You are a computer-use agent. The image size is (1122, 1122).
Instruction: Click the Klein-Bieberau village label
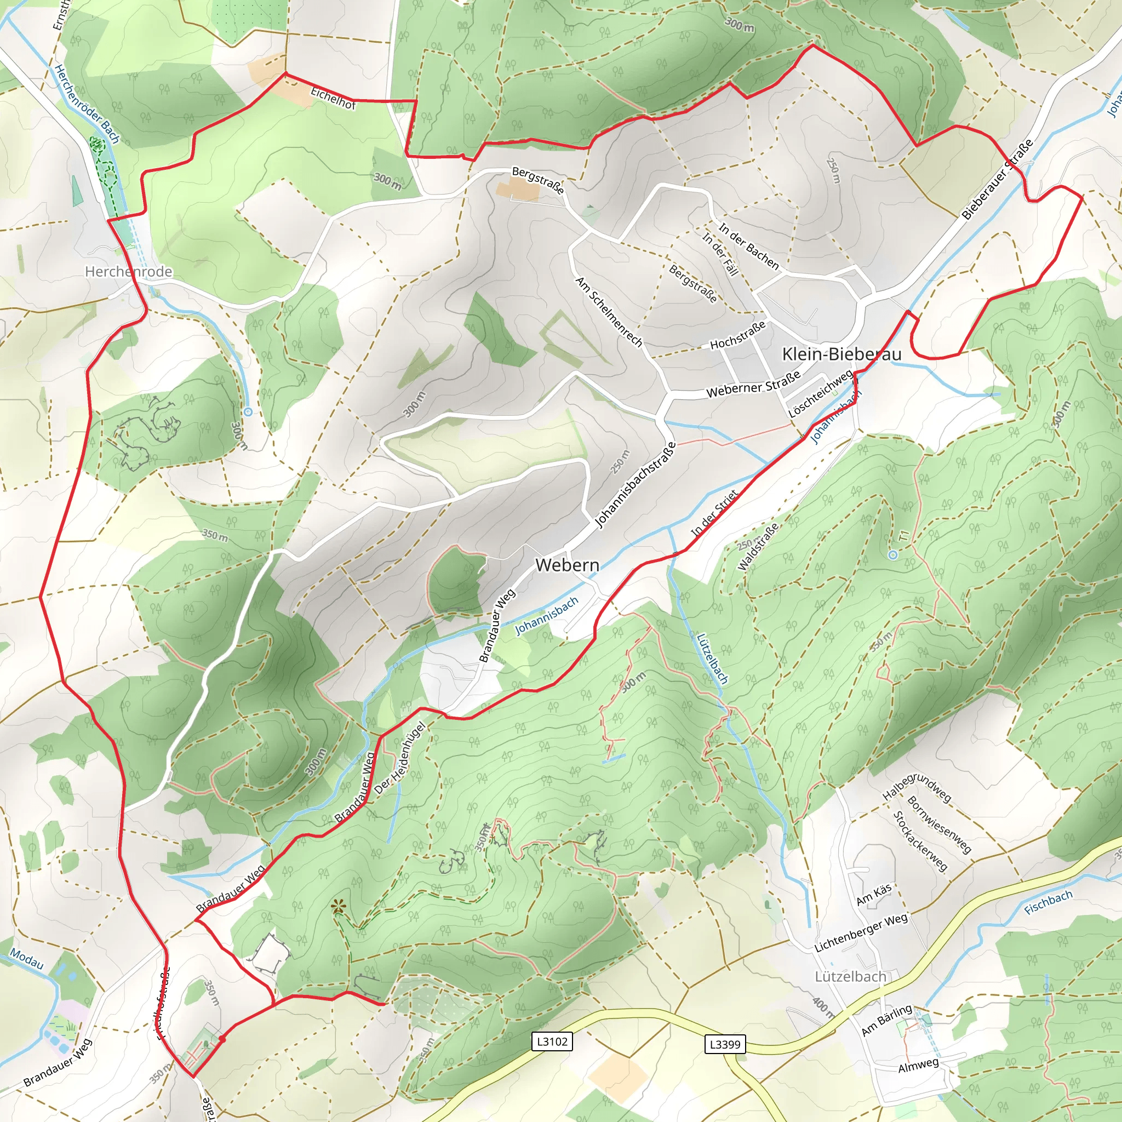tap(841, 354)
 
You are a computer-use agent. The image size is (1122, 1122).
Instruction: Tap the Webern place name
tap(567, 564)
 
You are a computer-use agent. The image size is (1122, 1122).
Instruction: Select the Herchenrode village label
tap(128, 271)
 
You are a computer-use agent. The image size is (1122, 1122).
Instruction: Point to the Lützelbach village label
tap(850, 976)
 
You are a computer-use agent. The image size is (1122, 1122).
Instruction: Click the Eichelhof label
tap(333, 98)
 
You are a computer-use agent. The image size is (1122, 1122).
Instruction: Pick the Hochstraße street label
tap(737, 336)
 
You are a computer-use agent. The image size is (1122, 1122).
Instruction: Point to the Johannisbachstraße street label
tap(636, 485)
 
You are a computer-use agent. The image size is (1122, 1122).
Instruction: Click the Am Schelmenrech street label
tap(609, 311)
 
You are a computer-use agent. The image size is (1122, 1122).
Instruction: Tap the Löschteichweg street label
tap(821, 393)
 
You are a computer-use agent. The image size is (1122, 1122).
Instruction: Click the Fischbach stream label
tap(1047, 902)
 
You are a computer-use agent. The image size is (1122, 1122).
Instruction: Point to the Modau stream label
tap(27, 959)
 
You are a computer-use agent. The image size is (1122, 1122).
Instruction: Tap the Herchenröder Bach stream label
tap(87, 104)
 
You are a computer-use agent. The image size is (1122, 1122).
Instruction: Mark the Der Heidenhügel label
tap(400, 757)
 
